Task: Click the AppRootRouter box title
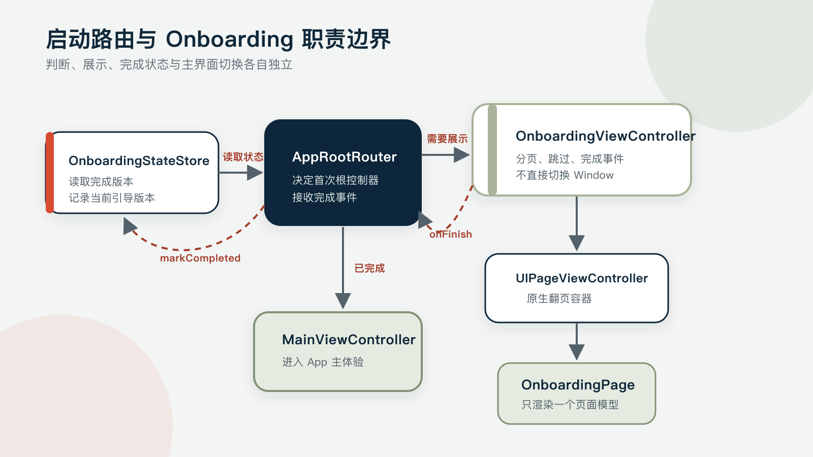click(344, 157)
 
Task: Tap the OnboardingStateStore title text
click(139, 160)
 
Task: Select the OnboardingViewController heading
click(605, 137)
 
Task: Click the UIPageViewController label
click(581, 278)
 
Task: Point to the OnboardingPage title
click(578, 385)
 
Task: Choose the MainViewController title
click(349, 340)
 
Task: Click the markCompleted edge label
click(200, 258)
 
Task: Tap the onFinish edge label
click(450, 234)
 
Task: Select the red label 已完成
click(369, 269)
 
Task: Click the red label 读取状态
click(243, 157)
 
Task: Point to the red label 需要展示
click(447, 139)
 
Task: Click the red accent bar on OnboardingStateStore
click(50, 173)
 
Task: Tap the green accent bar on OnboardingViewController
click(492, 150)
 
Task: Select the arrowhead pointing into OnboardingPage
click(577, 352)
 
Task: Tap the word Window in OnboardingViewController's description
click(594, 175)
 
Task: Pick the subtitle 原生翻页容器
click(559, 299)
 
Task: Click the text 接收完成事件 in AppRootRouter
click(325, 198)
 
